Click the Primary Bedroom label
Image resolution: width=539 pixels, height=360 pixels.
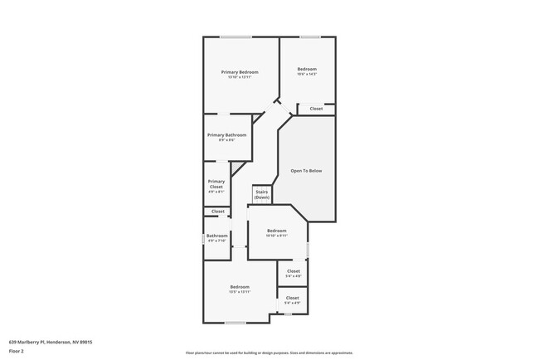240,72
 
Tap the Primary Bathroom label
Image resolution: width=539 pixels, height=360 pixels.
221,135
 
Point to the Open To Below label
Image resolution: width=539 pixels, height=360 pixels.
306,171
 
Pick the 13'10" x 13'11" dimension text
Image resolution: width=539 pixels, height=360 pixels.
240,77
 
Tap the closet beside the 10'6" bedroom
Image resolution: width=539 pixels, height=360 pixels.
316,109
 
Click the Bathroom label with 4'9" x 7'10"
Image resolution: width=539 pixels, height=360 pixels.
217,236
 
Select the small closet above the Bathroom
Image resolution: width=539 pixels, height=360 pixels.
218,212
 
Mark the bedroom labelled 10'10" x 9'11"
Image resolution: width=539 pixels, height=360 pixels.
277,232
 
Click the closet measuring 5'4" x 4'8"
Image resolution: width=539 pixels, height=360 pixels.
294,273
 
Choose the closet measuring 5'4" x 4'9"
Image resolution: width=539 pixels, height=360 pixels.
293,299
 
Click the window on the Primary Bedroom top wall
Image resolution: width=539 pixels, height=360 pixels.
236,36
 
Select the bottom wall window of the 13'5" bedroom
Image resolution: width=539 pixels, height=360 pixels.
236,323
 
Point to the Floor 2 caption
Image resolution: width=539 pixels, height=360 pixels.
17,349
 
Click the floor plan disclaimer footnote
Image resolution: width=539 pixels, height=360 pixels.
269,352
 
